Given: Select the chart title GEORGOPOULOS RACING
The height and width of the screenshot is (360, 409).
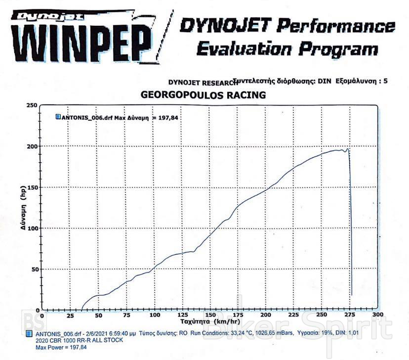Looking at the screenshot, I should point(204,94).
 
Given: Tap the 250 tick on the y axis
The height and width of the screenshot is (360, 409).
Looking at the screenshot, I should point(32,105).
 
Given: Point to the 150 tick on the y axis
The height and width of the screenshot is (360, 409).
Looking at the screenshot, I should point(32,187).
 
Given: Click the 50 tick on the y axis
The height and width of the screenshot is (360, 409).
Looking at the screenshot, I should point(33,270).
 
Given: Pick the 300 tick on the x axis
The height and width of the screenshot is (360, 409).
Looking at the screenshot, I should point(378,315).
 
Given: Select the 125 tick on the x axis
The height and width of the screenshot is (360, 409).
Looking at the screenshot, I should point(182,315).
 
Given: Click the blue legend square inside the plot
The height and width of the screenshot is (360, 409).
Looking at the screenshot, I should point(58,117).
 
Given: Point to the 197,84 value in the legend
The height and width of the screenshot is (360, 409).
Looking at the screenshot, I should point(166,118).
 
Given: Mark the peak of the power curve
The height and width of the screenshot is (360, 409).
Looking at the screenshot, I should point(348,148).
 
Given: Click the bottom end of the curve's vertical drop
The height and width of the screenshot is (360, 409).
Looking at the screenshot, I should point(351,295).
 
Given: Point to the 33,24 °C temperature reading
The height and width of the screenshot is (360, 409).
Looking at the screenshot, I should point(238,334).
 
